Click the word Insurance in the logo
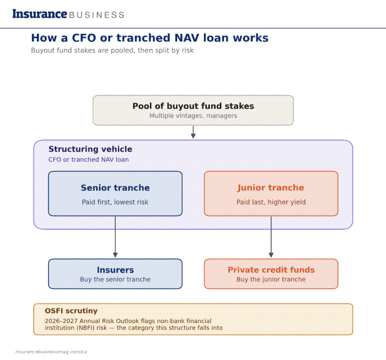pyautogui.click(x=40, y=14)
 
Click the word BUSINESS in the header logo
pyautogui.click(x=97, y=15)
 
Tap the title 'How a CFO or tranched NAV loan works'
pyautogui.click(x=150, y=38)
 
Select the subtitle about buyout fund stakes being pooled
pyautogui.click(x=112, y=50)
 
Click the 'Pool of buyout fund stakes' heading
pyautogui.click(x=193, y=106)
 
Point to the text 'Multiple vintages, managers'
pyautogui.click(x=193, y=116)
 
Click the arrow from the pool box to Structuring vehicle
pyautogui.click(x=193, y=132)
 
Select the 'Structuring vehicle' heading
pyautogui.click(x=90, y=149)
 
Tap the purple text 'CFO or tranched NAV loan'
pyautogui.click(x=89, y=159)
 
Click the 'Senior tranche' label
pyautogui.click(x=115, y=188)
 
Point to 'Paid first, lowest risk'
pyautogui.click(x=115, y=202)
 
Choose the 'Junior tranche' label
pyautogui.click(x=271, y=188)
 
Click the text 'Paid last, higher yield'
pyautogui.click(x=271, y=202)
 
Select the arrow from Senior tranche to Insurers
pyautogui.click(x=115, y=237)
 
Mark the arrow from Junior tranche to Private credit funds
pyautogui.click(x=271, y=237)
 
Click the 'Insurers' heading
pyautogui.click(x=115, y=270)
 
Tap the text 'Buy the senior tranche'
pyautogui.click(x=115, y=279)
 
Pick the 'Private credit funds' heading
pyautogui.click(x=271, y=270)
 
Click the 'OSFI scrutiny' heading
pyautogui.click(x=71, y=311)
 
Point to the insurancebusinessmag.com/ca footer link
pyautogui.click(x=51, y=351)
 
